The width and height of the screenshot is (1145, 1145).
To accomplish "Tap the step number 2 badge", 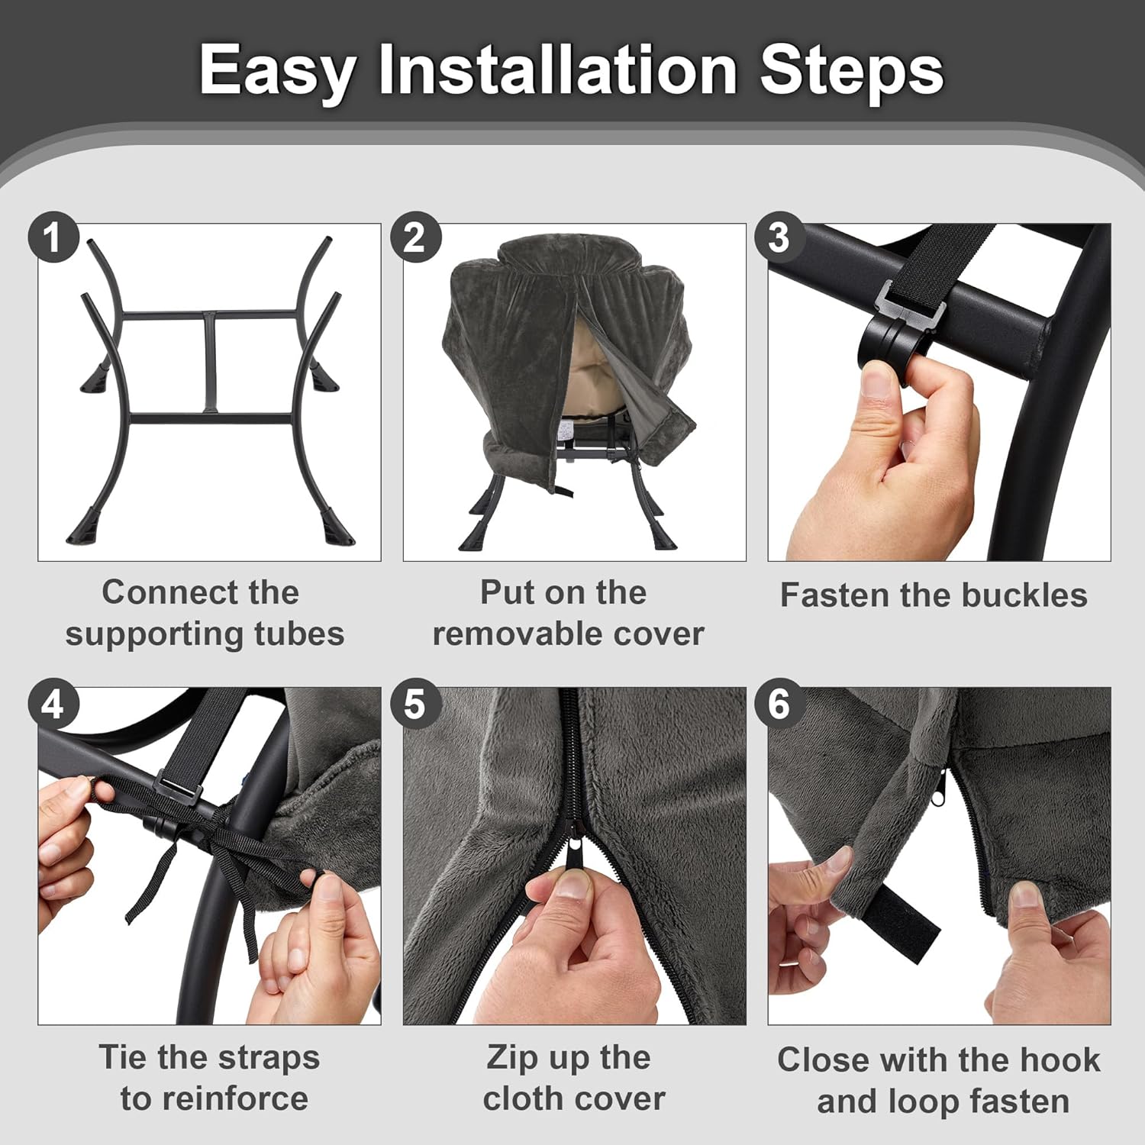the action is click(x=416, y=237).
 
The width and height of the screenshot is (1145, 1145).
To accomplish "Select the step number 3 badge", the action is click(x=779, y=237).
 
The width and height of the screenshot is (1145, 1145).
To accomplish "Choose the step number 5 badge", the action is click(x=416, y=703).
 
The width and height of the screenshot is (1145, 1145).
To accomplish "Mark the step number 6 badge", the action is click(x=779, y=703).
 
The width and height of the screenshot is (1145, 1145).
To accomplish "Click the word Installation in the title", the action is click(x=558, y=69).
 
